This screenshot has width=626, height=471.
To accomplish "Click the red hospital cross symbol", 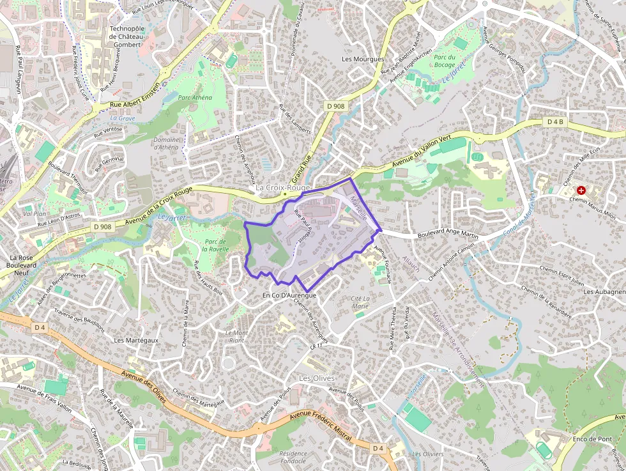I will click(x=581, y=190).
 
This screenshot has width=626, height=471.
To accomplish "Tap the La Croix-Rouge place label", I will click(x=282, y=188).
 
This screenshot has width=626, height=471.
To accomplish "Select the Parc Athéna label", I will click(x=195, y=98).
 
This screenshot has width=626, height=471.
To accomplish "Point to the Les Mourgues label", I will click(x=363, y=59).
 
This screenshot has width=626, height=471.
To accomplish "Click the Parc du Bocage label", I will click(x=445, y=61).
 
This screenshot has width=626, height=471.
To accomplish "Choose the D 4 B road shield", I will click(x=556, y=121).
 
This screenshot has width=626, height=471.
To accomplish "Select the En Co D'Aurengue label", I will click(x=289, y=295).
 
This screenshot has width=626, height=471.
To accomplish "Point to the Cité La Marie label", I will click(x=360, y=302).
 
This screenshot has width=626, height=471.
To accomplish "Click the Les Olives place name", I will click(x=317, y=378).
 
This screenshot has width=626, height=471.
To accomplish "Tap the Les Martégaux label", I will click(x=136, y=340).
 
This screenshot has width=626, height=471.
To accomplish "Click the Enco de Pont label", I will click(x=593, y=439).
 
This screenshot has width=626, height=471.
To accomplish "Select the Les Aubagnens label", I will click(x=604, y=291).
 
